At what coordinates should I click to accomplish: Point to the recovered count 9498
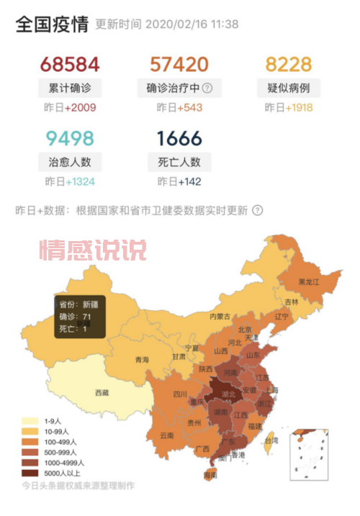pos(69,137)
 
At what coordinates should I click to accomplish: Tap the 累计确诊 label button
pos(70,89)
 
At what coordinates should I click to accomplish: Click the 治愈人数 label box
pos(70,161)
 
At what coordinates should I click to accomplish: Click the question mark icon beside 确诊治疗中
pos(207,89)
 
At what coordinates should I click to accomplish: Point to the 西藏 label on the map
pos(102,392)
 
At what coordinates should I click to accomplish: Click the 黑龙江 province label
pos(306,283)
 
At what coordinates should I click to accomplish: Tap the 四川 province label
pos(179,394)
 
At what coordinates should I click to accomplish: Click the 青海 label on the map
pos(142,360)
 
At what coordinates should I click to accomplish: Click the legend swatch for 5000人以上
pos(30,473)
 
